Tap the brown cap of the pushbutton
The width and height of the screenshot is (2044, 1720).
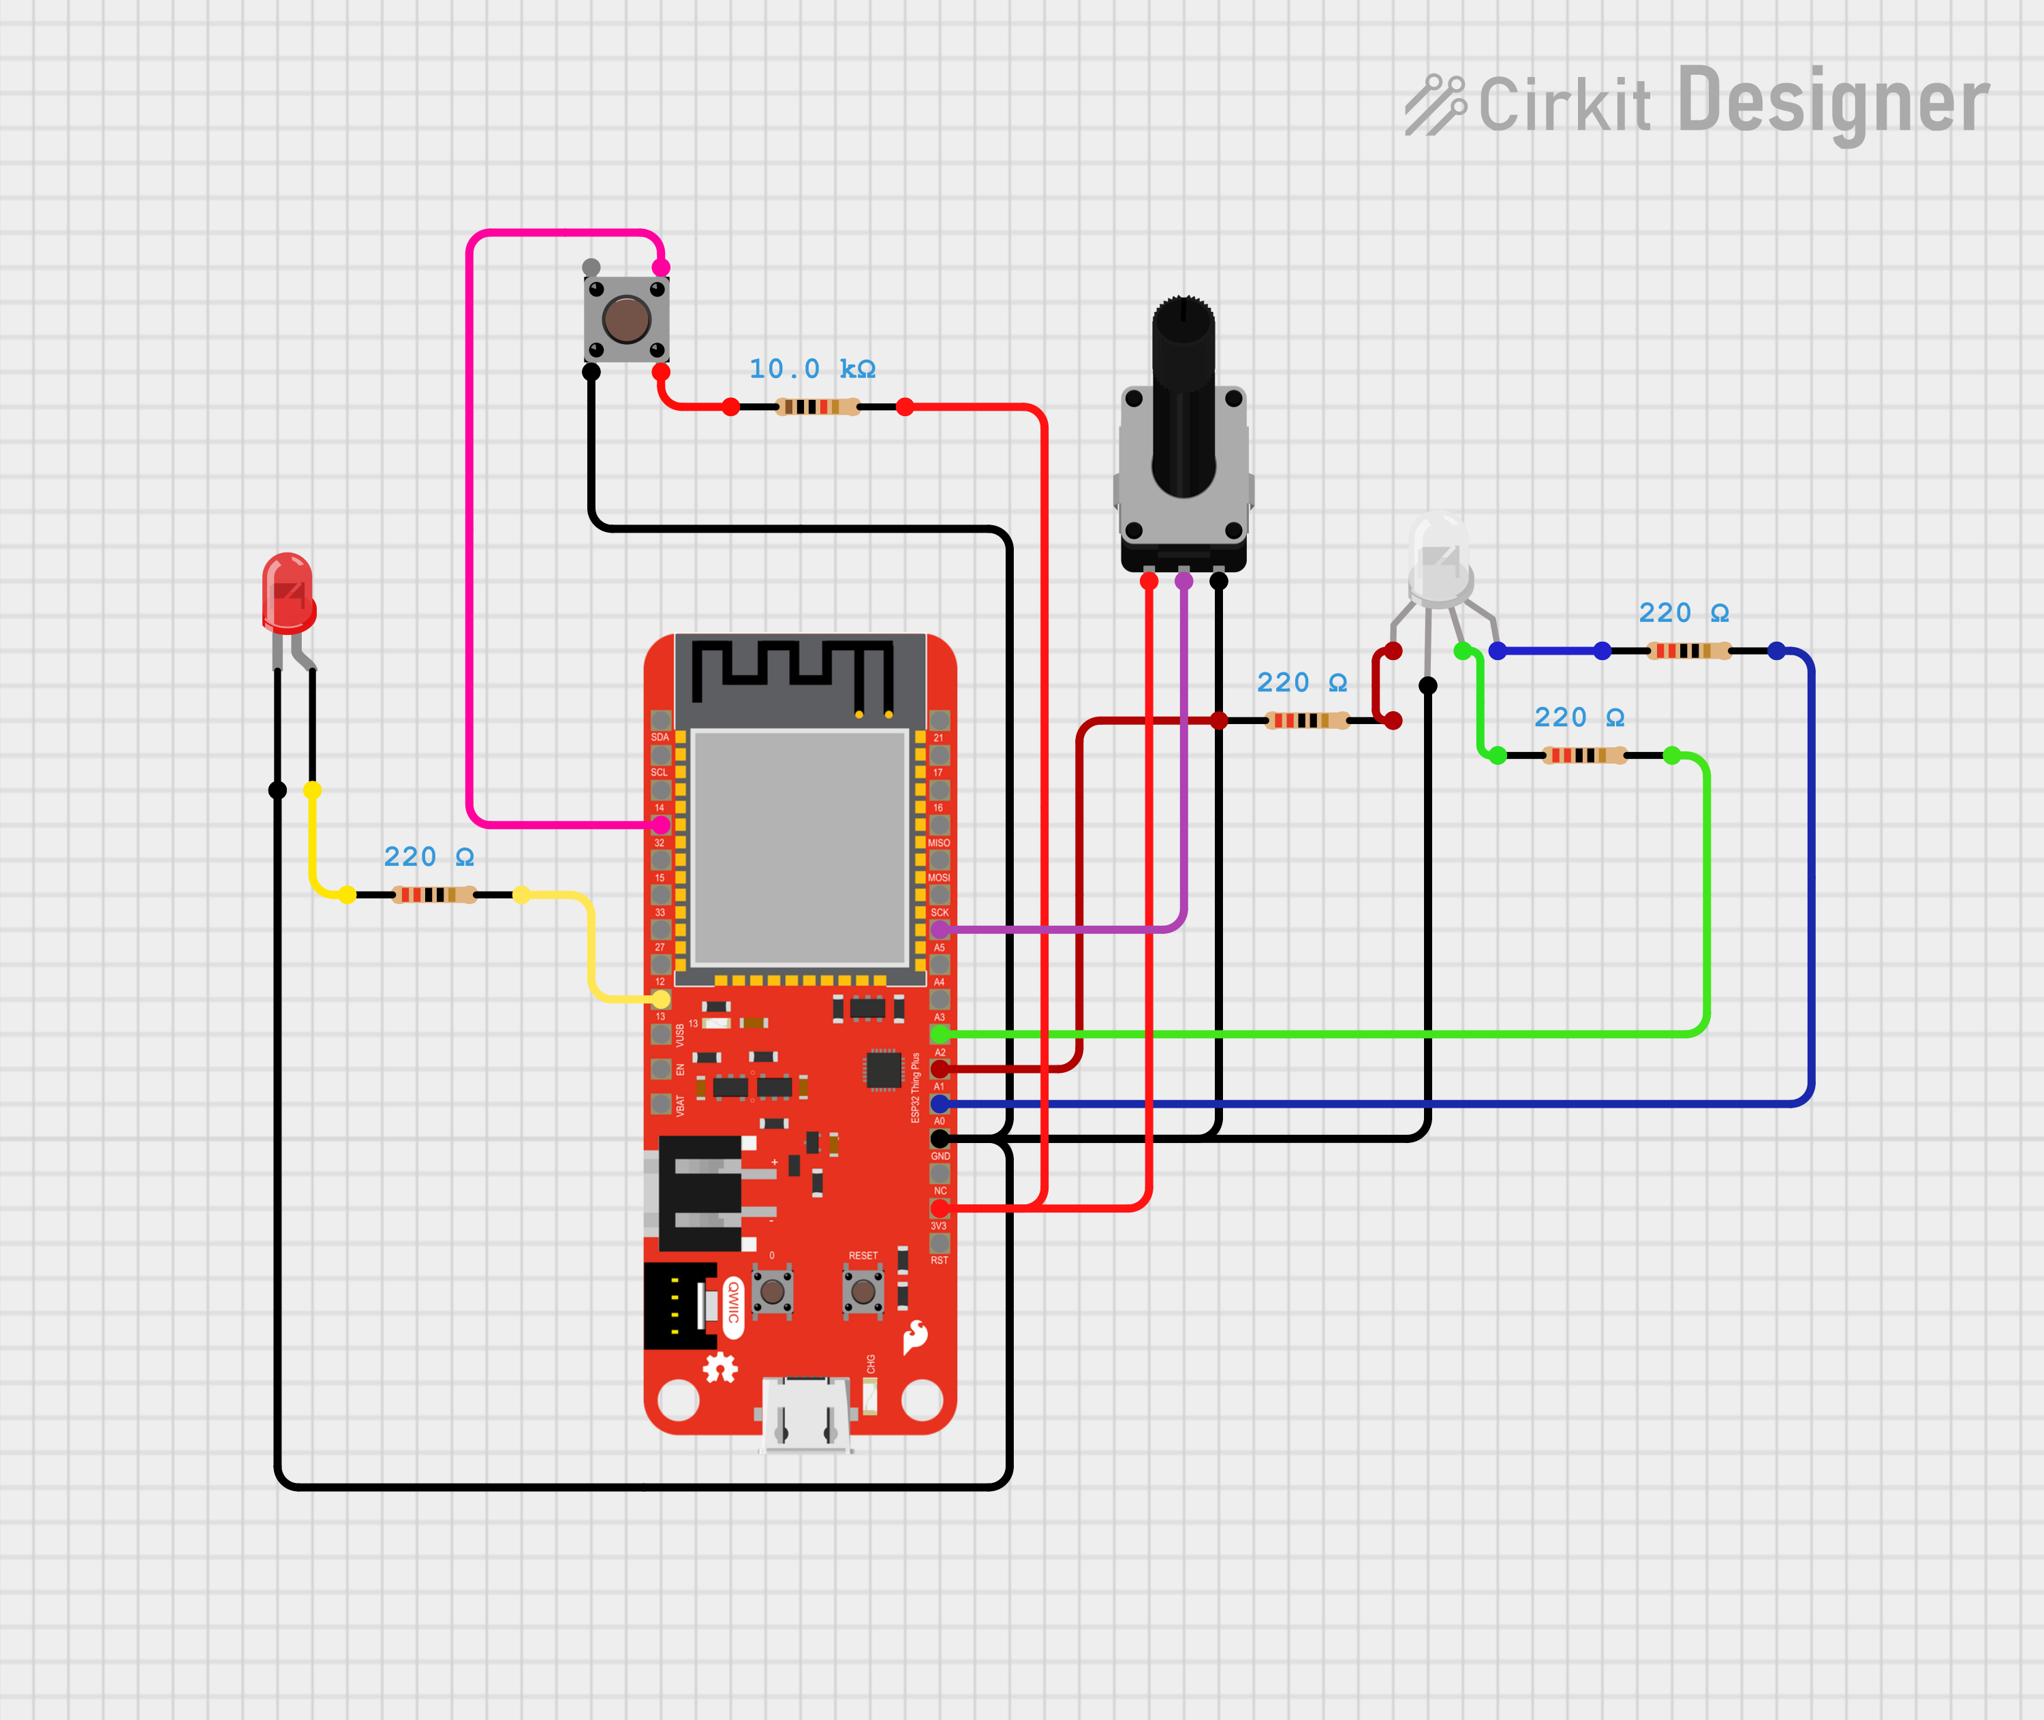coord(626,319)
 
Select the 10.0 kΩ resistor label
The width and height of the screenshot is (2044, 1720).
coord(811,369)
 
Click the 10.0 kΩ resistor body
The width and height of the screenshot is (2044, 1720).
coord(817,407)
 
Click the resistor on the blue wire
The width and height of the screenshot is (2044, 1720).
coord(1689,651)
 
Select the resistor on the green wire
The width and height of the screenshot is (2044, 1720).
coord(1585,755)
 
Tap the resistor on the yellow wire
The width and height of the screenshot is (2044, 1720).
coord(434,894)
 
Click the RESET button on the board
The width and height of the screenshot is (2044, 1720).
coord(863,1292)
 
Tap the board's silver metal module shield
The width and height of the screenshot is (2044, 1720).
coord(800,847)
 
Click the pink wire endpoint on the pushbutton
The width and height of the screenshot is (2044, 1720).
coord(660,267)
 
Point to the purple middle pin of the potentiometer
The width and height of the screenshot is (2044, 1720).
coord(1184,581)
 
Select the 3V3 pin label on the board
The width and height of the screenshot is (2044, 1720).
coord(938,1225)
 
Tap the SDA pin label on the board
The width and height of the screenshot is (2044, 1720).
coord(660,737)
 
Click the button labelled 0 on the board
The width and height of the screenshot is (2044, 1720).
coord(773,1292)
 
